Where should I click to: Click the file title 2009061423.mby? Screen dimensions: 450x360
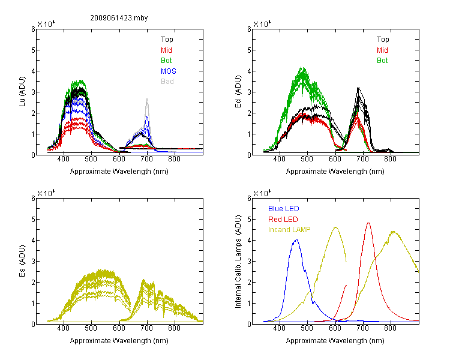pos(119,18)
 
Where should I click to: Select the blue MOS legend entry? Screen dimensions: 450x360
pos(169,71)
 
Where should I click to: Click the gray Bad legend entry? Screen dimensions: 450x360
pos(167,82)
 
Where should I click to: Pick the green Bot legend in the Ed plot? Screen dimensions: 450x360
pos(382,61)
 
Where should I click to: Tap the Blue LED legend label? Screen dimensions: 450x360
pos(284,209)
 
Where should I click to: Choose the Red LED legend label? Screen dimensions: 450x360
pos(283,220)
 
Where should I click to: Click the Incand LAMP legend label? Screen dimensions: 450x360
pos(289,230)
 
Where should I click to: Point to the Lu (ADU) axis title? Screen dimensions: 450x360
pos(22,92)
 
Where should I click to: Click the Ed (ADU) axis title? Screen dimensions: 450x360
pos(238,92)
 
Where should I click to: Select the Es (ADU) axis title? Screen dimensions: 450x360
pos(22,261)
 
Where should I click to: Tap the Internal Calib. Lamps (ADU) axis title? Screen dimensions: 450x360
pos(238,262)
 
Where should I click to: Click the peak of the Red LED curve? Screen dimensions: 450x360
pos(368,223)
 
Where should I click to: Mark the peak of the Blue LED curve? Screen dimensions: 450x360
pos(296,239)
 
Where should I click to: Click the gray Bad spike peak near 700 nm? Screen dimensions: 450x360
pos(147,99)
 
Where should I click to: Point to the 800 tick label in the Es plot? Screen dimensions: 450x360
pos(174,328)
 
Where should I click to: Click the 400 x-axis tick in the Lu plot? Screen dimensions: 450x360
pos(63,159)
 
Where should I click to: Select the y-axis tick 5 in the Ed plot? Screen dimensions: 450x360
pos(249,50)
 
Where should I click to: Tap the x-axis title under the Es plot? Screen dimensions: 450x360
pos(119,341)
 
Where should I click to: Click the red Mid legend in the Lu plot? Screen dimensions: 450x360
pos(166,50)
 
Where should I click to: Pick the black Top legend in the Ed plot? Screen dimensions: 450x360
pos(383,40)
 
